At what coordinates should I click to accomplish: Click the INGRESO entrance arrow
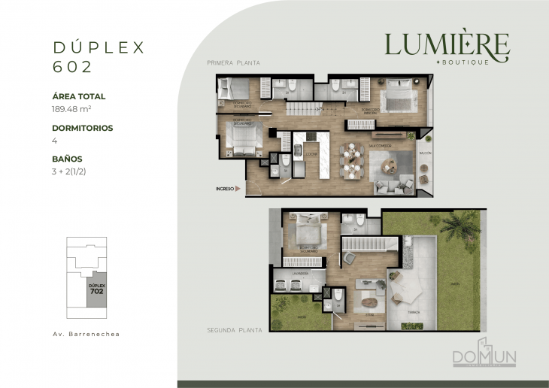(x=238, y=189)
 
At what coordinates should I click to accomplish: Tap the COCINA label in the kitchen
(x=311, y=153)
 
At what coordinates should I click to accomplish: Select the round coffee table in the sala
(x=390, y=162)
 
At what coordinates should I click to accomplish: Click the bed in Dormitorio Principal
(x=395, y=99)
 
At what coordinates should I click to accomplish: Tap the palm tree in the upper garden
(x=460, y=223)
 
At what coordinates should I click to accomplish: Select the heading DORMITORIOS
(x=83, y=128)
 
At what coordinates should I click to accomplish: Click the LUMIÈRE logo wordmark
(x=447, y=44)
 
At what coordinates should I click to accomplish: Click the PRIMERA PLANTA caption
(x=233, y=63)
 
